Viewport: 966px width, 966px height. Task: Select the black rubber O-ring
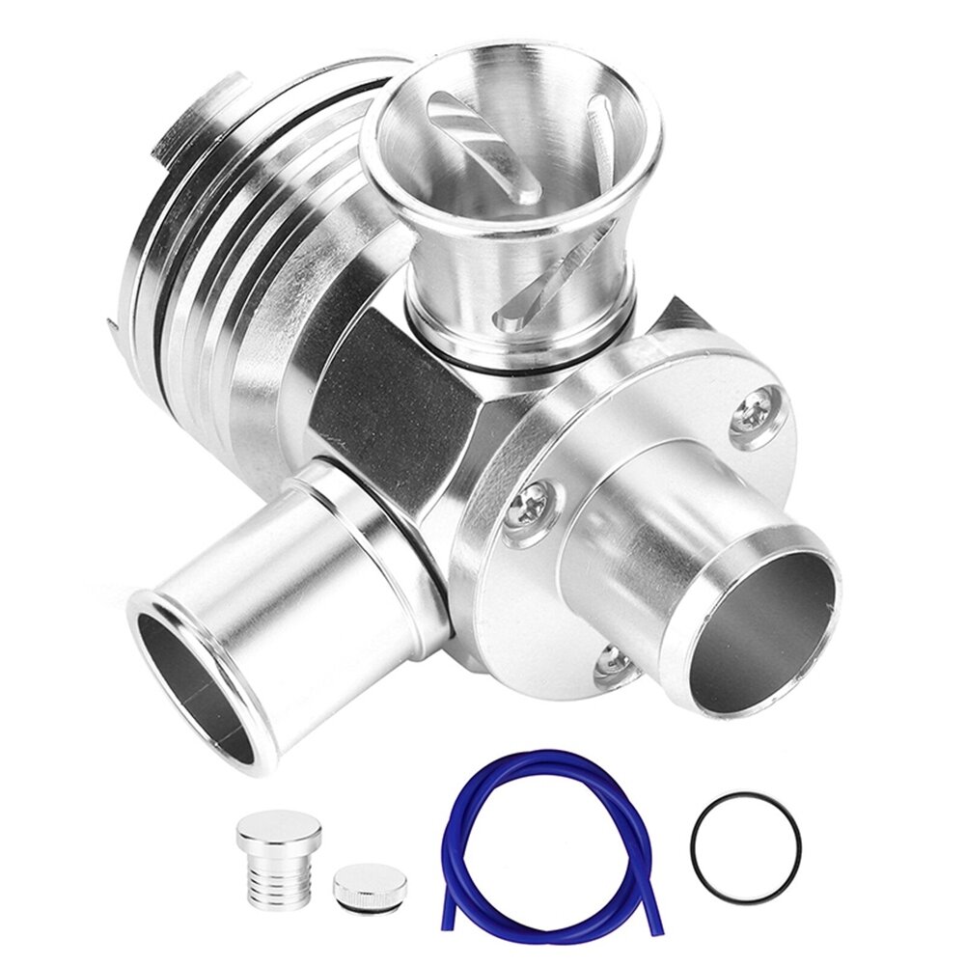coord(745,848)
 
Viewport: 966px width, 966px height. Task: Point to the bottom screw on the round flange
coord(611,660)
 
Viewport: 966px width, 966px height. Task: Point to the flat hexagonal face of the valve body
coord(386,405)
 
